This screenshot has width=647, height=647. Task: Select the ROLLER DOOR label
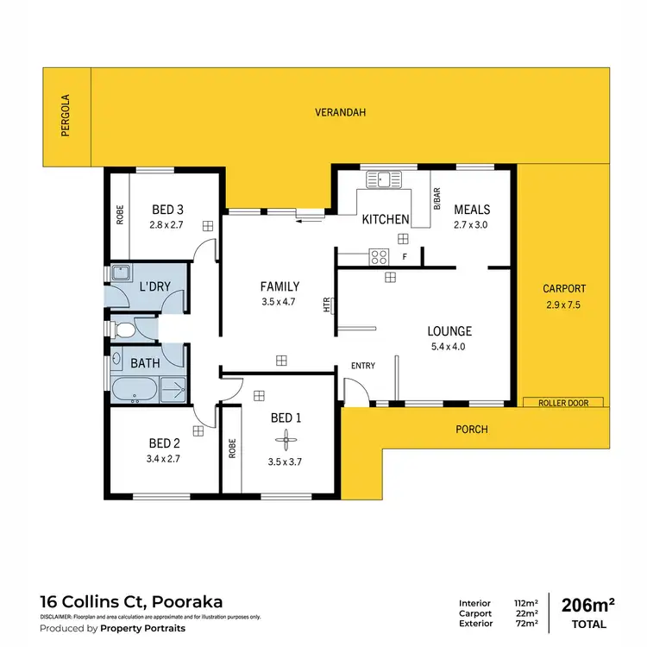tap(562, 403)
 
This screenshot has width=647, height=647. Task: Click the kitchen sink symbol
tap(384, 179)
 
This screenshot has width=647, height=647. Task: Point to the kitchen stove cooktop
tap(377, 255)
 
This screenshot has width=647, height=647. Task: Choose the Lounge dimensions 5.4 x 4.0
tap(449, 347)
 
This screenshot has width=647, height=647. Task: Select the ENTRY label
tap(362, 366)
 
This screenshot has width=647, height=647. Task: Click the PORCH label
tap(471, 429)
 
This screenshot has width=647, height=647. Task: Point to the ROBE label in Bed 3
tap(120, 214)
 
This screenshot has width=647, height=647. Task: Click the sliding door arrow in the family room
tap(303, 220)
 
